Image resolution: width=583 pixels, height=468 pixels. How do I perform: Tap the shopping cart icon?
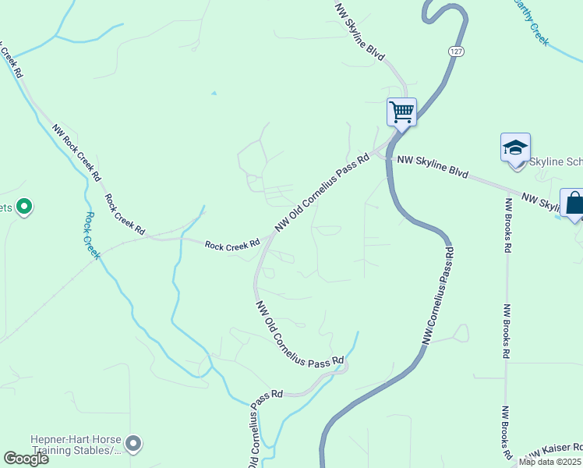(x=401, y=112)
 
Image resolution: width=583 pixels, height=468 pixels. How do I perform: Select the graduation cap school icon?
(x=515, y=147)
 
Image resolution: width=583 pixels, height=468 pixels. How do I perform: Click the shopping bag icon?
(x=574, y=203)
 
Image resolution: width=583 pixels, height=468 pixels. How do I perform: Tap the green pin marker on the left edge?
(x=24, y=207)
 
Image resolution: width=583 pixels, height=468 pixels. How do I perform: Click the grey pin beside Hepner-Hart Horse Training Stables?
(x=133, y=444)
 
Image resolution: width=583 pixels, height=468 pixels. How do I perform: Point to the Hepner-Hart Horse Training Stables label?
(x=75, y=445)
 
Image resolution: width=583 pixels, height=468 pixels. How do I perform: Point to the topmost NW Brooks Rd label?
(x=507, y=225)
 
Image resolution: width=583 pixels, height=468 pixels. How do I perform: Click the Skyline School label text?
(x=556, y=161)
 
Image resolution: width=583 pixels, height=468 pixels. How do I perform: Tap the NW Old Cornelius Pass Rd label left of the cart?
(x=321, y=192)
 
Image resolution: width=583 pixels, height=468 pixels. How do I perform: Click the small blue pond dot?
(x=214, y=94)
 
